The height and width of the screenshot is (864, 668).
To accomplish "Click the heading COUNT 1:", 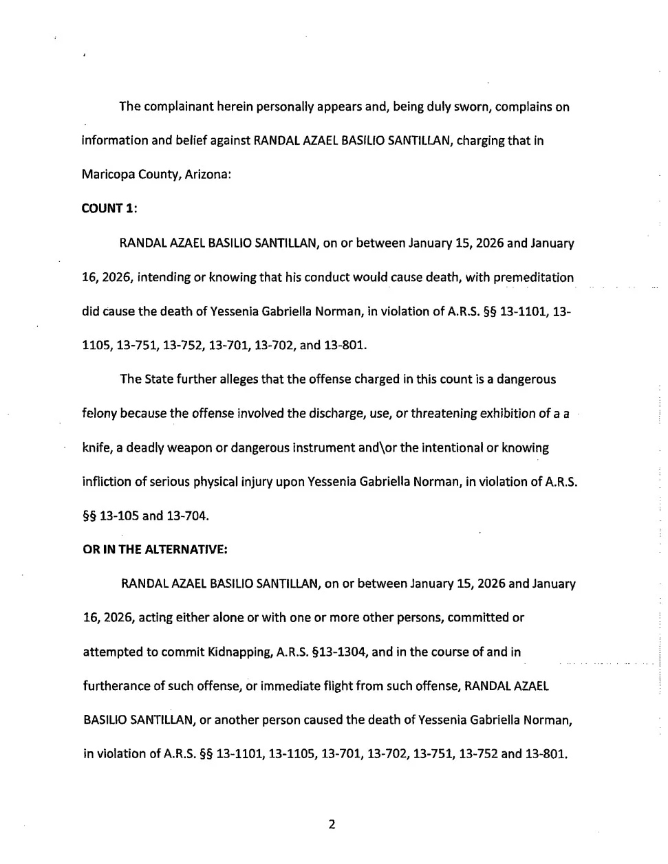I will point(109,209).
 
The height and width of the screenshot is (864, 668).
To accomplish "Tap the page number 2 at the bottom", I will point(332,824).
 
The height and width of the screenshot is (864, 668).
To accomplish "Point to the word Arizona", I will point(208,175).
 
